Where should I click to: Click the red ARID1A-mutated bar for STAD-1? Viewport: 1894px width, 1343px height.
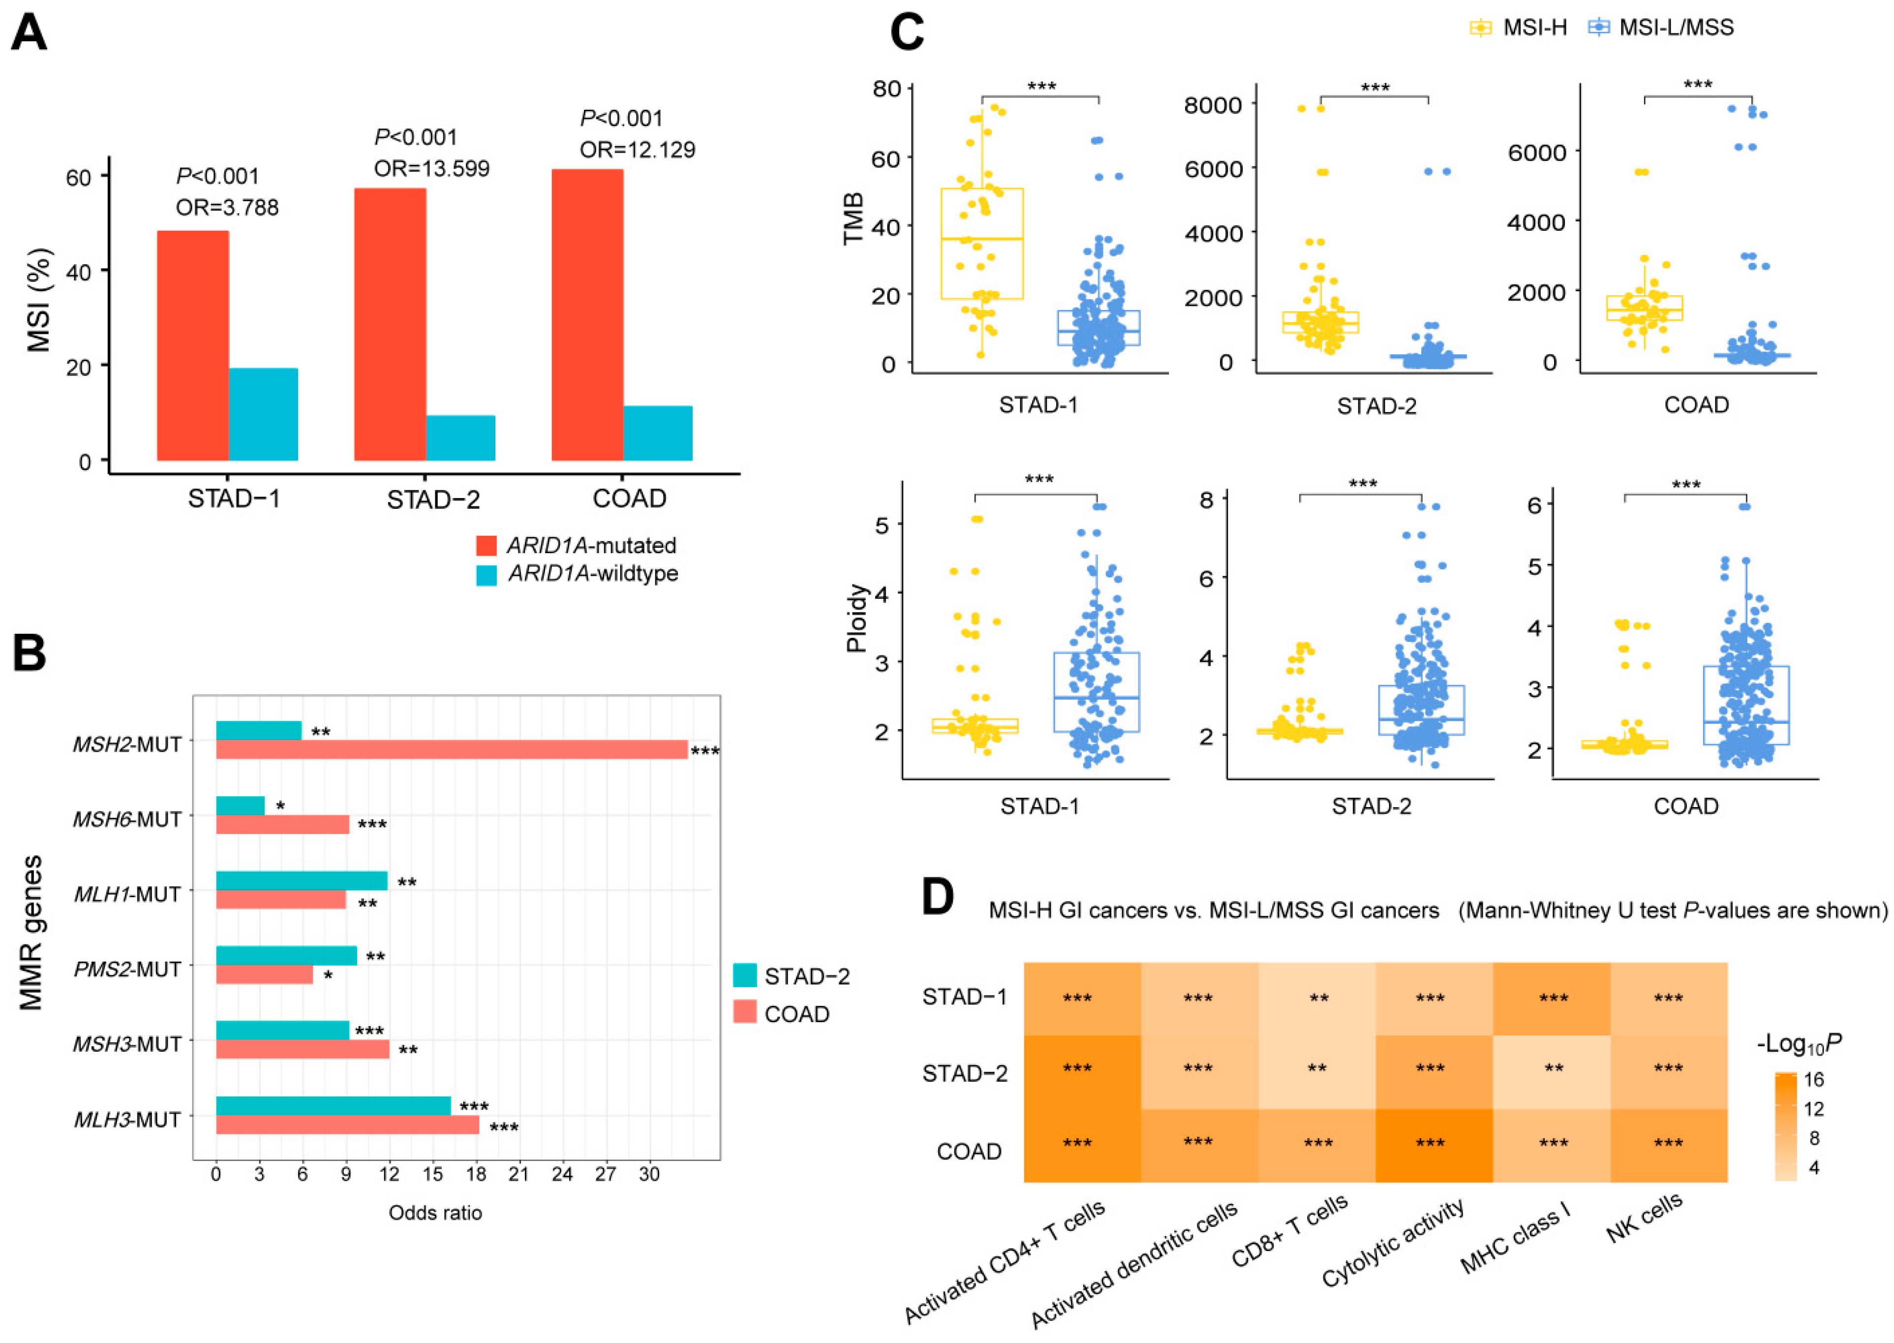(x=193, y=345)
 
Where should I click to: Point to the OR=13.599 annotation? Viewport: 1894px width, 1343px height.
(x=431, y=169)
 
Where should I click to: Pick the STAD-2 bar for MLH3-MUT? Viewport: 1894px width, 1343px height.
(x=333, y=1106)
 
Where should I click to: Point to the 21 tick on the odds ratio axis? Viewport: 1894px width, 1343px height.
(x=519, y=1174)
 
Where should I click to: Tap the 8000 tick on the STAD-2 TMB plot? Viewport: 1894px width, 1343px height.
(x=1213, y=105)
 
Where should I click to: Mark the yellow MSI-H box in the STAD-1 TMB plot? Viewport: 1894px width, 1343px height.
(x=982, y=244)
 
